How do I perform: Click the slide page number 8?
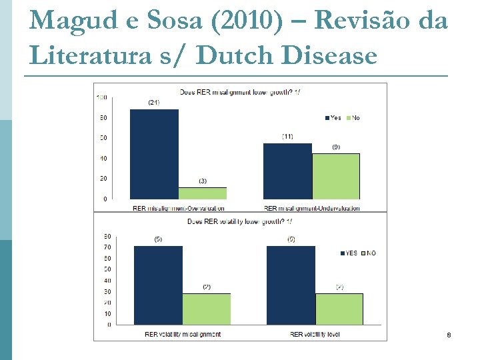click(449, 335)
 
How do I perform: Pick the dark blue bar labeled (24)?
click(154, 154)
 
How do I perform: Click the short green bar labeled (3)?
click(203, 193)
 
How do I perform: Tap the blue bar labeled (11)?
click(287, 171)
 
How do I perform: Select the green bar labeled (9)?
click(336, 176)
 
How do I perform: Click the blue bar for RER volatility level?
click(291, 285)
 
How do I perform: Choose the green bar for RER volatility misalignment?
click(207, 309)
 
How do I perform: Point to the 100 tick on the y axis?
click(102, 97)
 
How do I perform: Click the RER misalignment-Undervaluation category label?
click(311, 208)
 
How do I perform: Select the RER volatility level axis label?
click(315, 334)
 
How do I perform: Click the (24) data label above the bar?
click(154, 103)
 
